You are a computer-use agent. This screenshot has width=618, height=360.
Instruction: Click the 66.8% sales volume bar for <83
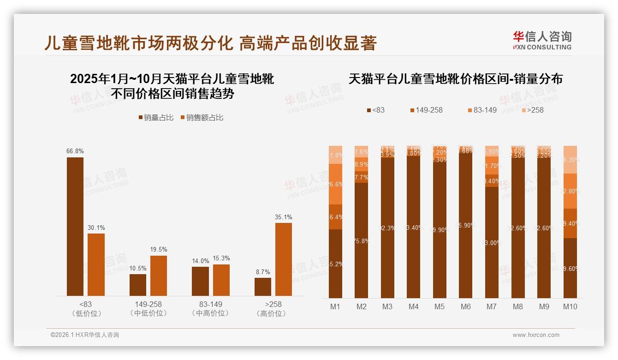click(x=75, y=227)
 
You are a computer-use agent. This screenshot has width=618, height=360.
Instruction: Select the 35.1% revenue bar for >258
click(x=284, y=259)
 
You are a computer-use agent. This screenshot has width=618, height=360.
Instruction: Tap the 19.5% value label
click(x=158, y=250)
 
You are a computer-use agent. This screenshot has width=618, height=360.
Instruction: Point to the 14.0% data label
click(x=200, y=261)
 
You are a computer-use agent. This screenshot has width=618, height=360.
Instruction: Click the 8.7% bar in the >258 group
click(x=263, y=287)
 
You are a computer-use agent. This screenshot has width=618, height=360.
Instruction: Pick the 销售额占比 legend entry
click(x=202, y=118)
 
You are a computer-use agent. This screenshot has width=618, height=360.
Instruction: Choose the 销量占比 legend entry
click(x=156, y=118)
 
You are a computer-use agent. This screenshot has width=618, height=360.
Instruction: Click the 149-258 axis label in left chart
click(x=148, y=305)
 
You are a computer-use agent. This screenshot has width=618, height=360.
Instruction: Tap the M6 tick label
click(x=466, y=307)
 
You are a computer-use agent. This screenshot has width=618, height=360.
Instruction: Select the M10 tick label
click(x=570, y=307)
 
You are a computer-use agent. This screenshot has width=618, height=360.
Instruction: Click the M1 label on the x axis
click(x=335, y=307)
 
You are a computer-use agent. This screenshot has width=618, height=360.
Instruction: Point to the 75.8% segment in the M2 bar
click(x=362, y=240)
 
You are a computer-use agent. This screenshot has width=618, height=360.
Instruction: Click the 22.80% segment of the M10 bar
click(x=570, y=191)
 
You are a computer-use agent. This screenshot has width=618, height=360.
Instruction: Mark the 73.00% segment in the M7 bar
click(x=492, y=242)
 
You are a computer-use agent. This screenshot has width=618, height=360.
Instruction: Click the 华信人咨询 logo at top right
click(x=542, y=40)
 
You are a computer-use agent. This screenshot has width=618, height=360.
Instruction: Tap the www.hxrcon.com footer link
click(x=536, y=335)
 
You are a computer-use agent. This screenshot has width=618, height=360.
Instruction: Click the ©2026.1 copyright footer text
click(x=85, y=335)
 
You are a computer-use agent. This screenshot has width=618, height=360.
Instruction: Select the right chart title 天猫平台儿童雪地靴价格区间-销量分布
click(x=455, y=79)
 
